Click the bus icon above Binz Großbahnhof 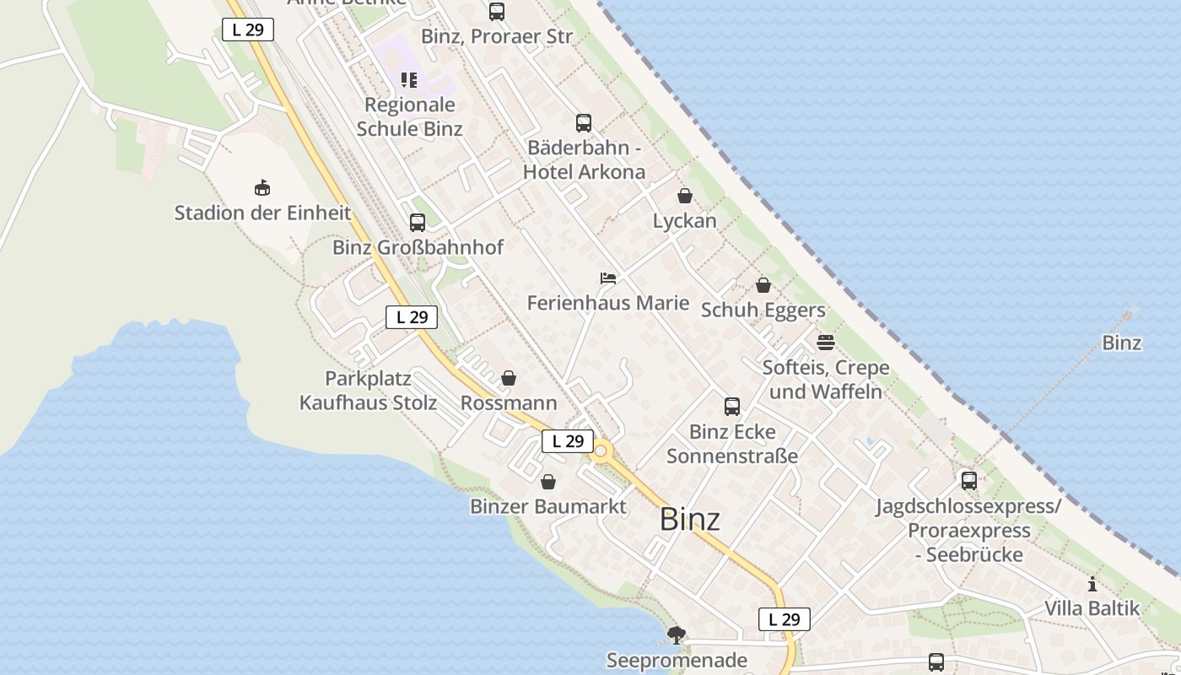[418, 223]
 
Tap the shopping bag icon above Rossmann [509, 379]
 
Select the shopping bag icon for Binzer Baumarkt [548, 482]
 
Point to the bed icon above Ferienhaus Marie [608, 278]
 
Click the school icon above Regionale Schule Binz [409, 80]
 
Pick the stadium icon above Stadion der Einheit [262, 187]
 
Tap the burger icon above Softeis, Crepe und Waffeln [826, 343]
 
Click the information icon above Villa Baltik [1092, 584]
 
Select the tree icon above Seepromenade [677, 634]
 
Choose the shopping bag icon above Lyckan [685, 197]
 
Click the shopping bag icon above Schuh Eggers [763, 286]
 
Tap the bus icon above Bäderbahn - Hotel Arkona [584, 123]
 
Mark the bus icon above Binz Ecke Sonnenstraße [732, 407]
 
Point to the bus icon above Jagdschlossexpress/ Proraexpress [969, 481]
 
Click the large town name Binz [690, 519]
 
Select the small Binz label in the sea [1122, 343]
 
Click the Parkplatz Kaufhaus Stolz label [369, 391]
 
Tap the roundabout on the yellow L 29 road [601, 452]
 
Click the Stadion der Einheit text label [262, 213]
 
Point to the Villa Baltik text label [1092, 608]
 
